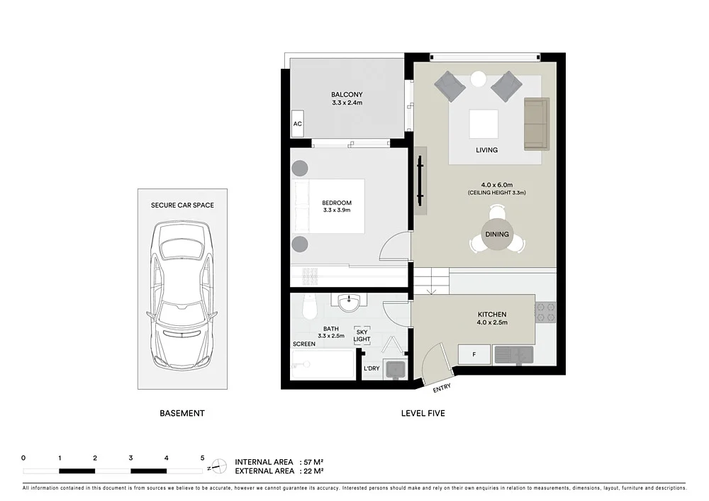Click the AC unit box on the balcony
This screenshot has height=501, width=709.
tap(298, 124)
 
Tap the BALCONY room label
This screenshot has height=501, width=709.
tap(347, 95)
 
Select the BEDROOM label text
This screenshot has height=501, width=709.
tap(337, 203)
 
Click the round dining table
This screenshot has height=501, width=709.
tap(496, 235)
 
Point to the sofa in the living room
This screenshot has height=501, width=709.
tap(536, 124)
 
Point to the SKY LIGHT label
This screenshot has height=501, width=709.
tap(362, 336)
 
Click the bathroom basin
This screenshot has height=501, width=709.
tap(349, 303)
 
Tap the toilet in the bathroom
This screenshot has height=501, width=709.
tap(308, 306)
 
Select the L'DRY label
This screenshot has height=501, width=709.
tap(372, 368)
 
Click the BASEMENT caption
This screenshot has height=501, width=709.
tap(182, 413)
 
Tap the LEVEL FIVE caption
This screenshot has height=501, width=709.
tap(423, 413)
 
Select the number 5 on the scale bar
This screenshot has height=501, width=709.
tap(202, 458)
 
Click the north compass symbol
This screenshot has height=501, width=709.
tap(220, 466)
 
